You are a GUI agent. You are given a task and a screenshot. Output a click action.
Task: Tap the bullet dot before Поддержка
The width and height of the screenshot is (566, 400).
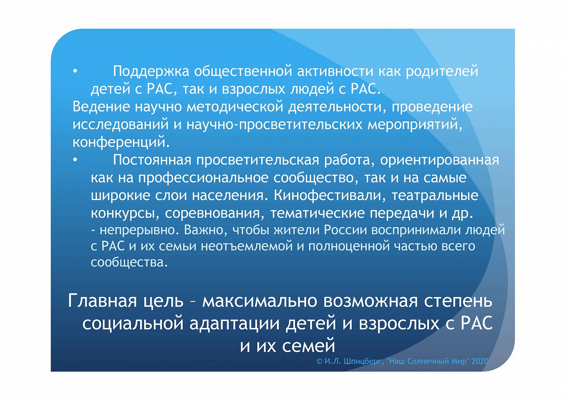coord(75,71)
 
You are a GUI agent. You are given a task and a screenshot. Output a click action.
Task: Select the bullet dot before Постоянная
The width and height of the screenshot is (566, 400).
coord(75,160)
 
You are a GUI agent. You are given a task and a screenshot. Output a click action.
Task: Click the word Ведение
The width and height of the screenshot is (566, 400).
coord(101,107)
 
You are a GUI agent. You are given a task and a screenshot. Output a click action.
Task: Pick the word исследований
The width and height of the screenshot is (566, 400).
coord(120,125)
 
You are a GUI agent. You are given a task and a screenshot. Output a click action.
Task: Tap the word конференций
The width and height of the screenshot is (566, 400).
coord(121,142)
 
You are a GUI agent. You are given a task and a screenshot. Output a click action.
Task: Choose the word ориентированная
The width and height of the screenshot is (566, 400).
coord(439,160)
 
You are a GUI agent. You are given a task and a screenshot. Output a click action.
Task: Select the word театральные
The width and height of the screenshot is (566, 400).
coord(435,195)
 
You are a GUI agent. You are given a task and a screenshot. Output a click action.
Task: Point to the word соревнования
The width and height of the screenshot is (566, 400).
coord(212,214)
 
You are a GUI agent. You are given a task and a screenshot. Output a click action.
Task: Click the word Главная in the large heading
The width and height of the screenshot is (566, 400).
coord(103,301)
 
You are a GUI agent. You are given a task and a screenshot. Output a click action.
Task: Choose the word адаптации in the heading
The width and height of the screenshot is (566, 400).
coord(234,324)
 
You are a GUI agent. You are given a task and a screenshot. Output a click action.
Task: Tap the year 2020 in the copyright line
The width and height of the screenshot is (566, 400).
coord(480,361)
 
